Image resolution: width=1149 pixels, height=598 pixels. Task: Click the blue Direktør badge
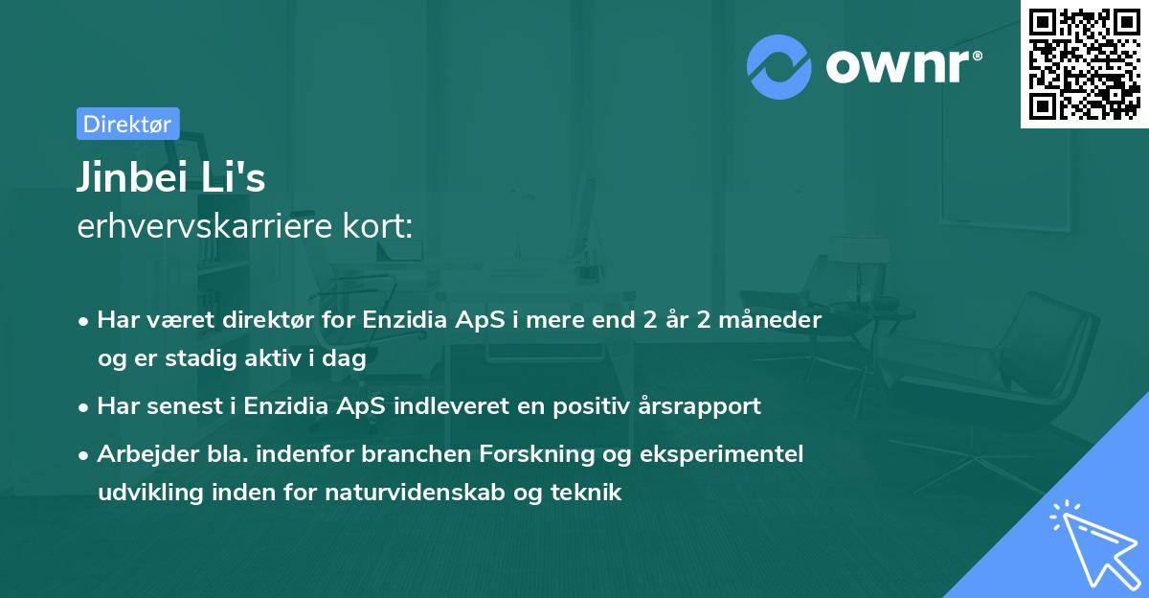click(127, 124)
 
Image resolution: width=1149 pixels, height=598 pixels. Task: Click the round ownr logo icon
click(779, 66)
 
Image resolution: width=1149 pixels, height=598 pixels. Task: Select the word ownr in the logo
click(903, 66)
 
